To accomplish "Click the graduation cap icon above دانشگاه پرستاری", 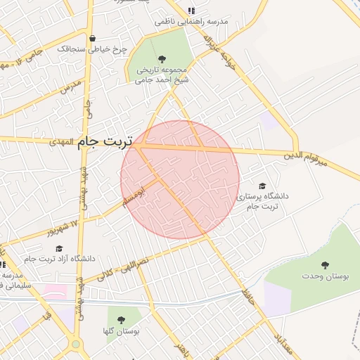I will (262, 186).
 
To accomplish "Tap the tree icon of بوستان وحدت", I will (324, 265).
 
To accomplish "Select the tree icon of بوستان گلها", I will (122, 319).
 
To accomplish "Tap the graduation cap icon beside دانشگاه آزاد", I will (58, 248).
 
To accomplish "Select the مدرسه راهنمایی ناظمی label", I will (192, 22).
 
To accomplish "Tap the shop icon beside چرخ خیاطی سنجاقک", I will (135, 50).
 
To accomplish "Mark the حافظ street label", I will (247, 294).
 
